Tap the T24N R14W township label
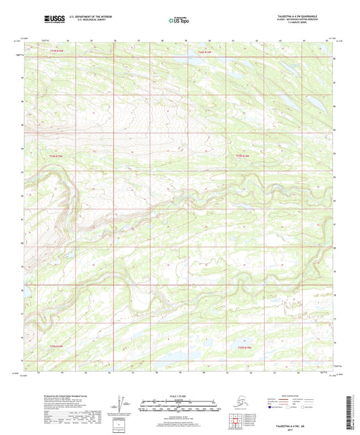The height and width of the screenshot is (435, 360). click(204, 52)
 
